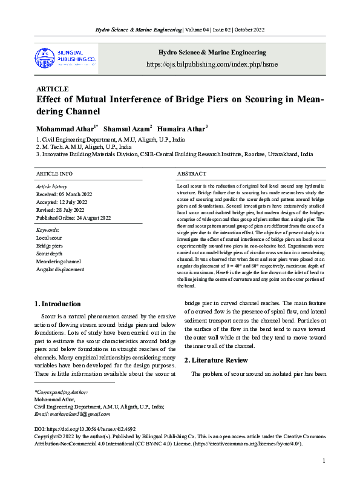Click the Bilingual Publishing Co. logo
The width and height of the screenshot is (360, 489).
pyautogui.click(x=65, y=57)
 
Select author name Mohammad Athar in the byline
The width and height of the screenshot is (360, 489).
pyautogui.click(x=66, y=129)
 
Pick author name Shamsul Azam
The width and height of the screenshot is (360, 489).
pyautogui.click(x=126, y=129)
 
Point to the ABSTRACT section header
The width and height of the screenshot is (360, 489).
pyautogui.click(x=192, y=174)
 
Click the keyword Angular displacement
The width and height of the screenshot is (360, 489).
pyautogui.click(x=60, y=269)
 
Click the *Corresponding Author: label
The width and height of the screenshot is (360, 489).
pyautogui.click(x=62, y=393)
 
